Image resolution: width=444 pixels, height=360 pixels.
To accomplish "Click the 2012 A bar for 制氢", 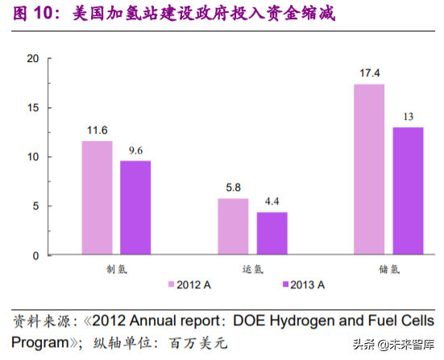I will tap(97, 198).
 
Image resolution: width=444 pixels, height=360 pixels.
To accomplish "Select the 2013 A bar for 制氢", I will tap(135, 208).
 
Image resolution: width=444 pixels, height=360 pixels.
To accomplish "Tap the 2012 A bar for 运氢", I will tap(233, 226).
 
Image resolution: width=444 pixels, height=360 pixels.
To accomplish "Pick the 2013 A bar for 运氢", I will tap(272, 234).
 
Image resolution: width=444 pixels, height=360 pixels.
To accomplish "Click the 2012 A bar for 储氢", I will tap(369, 169).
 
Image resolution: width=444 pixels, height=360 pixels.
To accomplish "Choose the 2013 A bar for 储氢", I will tap(408, 191).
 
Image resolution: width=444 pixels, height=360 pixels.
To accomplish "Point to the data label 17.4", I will tap(369, 74).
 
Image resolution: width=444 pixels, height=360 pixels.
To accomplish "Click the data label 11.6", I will tap(97, 130).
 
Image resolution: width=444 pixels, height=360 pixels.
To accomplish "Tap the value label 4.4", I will tap(272, 202).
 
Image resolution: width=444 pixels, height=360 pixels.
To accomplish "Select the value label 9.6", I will tap(135, 151).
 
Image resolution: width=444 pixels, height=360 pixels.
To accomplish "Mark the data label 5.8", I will tap(233, 188).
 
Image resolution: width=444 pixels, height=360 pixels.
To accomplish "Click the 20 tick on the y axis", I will tap(33, 58).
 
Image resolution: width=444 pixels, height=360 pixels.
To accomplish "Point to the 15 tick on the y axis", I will tap(33, 107).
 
